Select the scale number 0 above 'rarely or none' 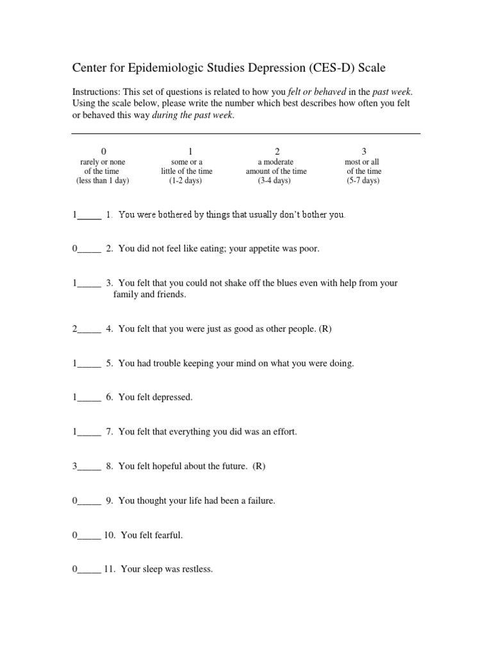pos(104,151)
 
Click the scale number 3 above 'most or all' pos(364,151)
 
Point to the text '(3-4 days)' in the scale pos(274,181)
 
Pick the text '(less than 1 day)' pos(102,181)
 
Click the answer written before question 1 pos(75,215)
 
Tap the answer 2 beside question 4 pos(75,329)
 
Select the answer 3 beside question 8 pos(75,466)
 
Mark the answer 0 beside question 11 pos(75,569)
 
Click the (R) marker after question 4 pos(325,329)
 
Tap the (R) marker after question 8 pos(259,466)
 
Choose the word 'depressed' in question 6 pos(171,398)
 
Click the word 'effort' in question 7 pos(284,432)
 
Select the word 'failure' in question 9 pos(260,500)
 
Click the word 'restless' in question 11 pos(196,569)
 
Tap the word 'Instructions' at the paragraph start pos(95,92)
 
